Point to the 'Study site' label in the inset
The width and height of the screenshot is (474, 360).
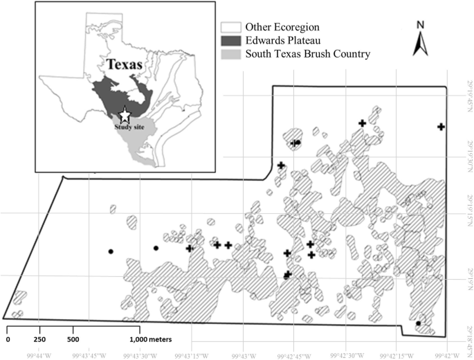127,127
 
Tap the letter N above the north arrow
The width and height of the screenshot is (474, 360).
420,26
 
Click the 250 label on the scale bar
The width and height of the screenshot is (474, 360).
40,339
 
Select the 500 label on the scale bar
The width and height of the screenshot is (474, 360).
73,339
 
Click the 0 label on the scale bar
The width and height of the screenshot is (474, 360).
8,339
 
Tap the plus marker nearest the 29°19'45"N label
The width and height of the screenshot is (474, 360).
441,126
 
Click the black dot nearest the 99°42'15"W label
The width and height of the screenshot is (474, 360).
418,323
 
